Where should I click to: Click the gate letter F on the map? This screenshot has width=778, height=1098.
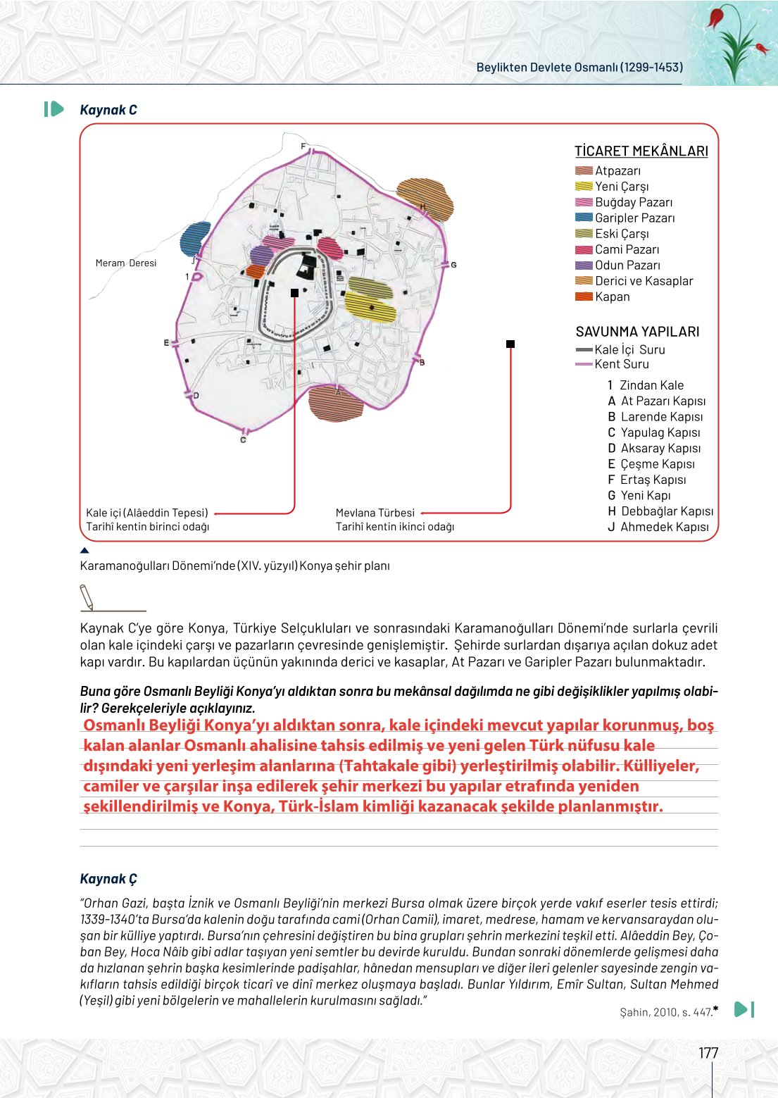(x=304, y=146)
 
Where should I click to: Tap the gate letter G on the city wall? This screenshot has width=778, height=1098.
(x=453, y=265)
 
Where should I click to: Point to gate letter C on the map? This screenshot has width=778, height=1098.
(x=243, y=439)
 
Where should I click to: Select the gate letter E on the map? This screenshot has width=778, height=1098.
(x=167, y=343)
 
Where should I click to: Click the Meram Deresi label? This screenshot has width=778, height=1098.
(x=126, y=263)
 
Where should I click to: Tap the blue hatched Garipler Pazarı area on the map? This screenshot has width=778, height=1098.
(x=195, y=238)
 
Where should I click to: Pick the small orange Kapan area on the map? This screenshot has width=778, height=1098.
(x=255, y=271)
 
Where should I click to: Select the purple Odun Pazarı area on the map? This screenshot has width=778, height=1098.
(x=261, y=256)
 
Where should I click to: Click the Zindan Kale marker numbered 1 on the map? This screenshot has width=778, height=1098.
(x=197, y=276)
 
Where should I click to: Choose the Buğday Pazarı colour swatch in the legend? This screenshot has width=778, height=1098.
(x=584, y=202)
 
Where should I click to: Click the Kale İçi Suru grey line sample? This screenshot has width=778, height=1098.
(x=584, y=349)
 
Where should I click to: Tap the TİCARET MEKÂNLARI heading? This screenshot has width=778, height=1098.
(x=641, y=151)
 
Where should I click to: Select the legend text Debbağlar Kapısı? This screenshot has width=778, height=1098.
(x=667, y=511)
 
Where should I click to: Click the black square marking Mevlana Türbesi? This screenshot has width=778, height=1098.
(x=510, y=344)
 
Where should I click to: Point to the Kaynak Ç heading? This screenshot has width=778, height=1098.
(x=108, y=879)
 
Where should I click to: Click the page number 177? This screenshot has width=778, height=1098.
(x=708, y=1053)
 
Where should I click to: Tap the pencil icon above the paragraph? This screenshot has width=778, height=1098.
(x=87, y=597)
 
